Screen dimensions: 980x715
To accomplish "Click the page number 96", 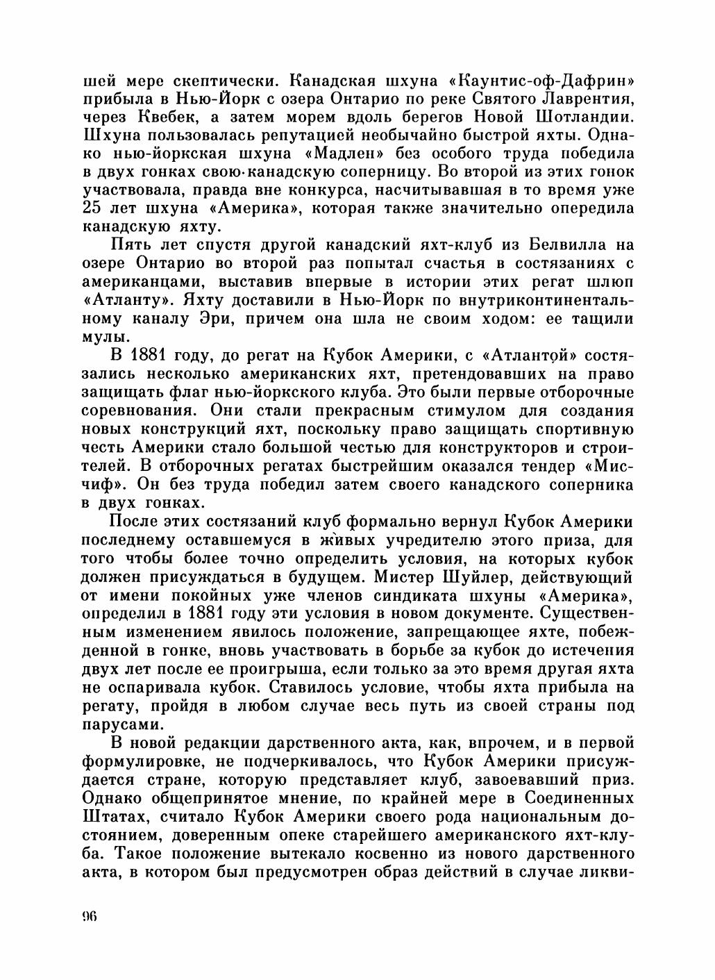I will point(89,916).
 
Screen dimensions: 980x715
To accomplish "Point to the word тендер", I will point(535,467).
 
